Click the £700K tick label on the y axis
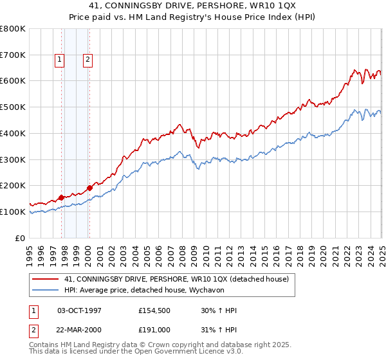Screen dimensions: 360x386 (13, 55)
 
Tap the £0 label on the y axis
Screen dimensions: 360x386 (21, 238)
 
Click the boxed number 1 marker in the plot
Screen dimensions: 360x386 (59, 60)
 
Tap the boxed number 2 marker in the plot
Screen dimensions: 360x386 (87, 60)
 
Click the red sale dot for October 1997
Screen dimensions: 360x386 (62, 197)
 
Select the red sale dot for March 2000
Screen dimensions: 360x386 (89, 188)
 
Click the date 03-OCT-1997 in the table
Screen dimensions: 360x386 (80, 310)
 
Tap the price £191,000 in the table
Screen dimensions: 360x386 (154, 329)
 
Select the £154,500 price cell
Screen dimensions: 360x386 (154, 310)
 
